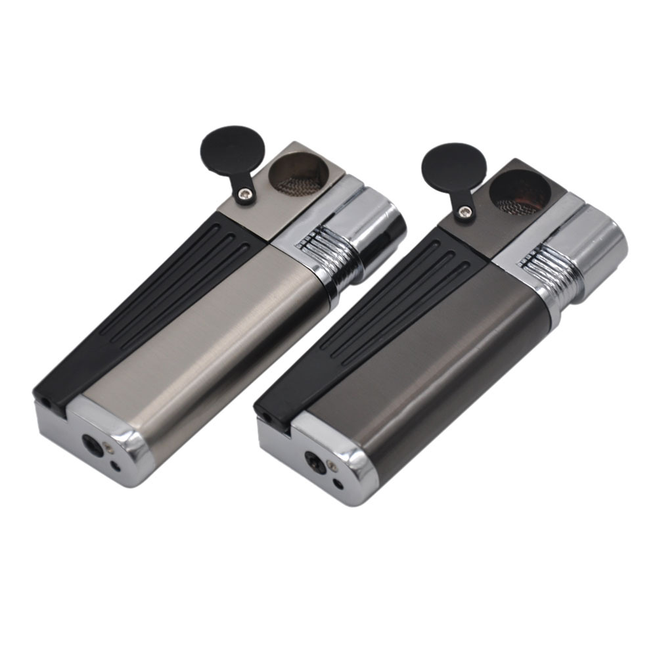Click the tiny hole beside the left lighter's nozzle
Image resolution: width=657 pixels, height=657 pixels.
[116, 467]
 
